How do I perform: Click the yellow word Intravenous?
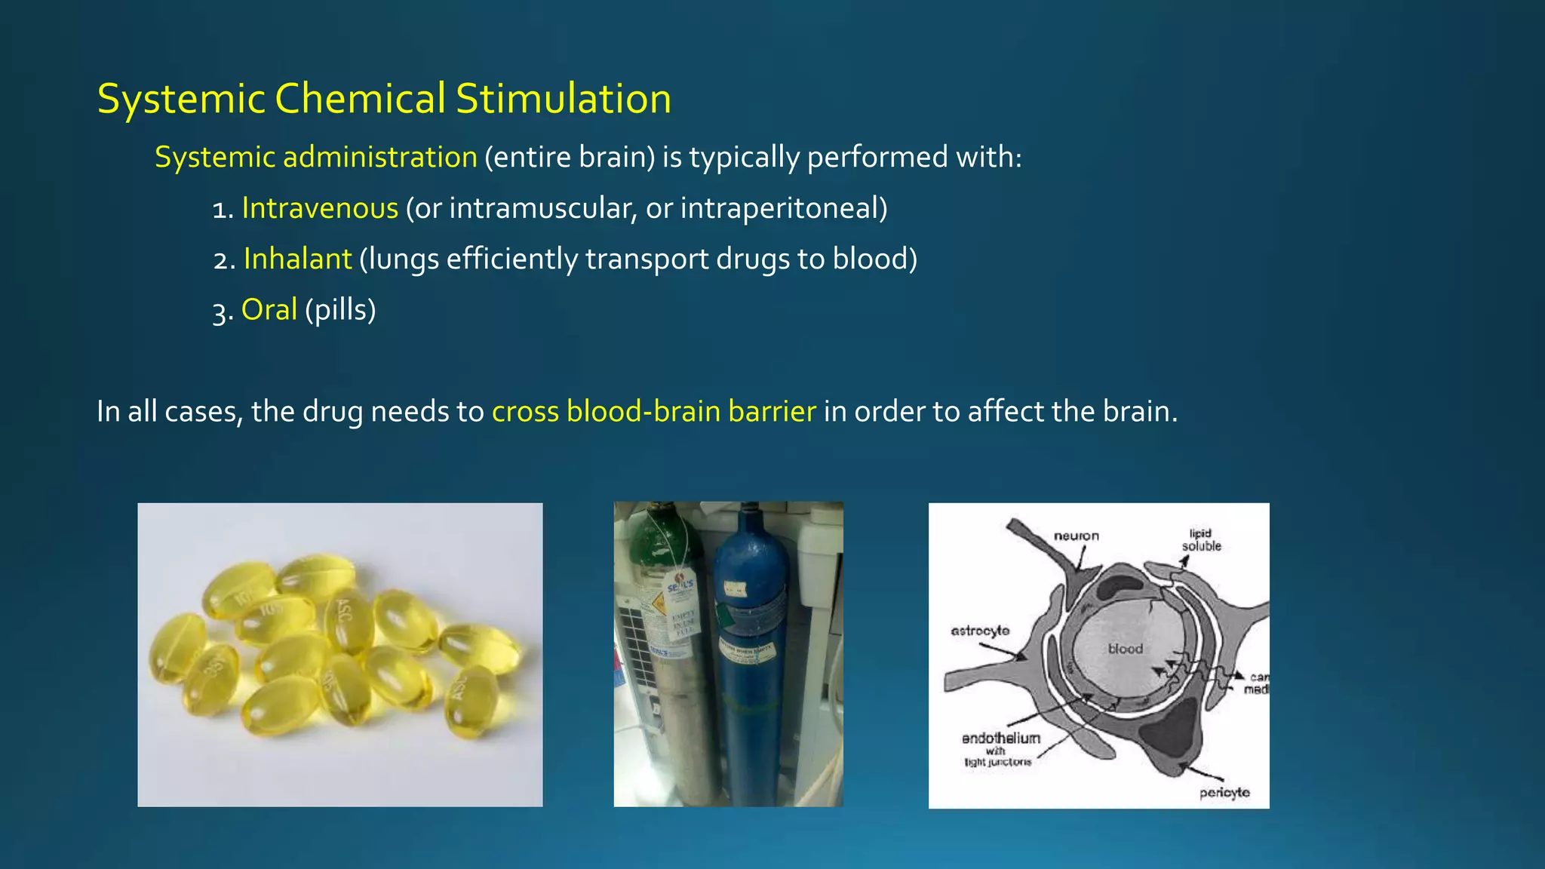coord(320,208)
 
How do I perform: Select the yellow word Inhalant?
coord(297,259)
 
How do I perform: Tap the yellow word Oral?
coord(269,310)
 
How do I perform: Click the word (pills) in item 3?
coord(340,310)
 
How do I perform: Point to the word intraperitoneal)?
coord(783,208)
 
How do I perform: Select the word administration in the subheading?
coord(379,158)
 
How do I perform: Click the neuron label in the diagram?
coord(1076,536)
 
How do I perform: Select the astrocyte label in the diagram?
coord(979,631)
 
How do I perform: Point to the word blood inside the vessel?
coord(1125,649)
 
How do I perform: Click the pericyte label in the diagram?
coord(1224,792)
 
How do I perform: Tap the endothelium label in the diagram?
coord(1000,738)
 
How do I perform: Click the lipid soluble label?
coord(1201,540)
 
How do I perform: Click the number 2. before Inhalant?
coord(224,260)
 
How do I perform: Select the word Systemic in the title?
coord(181,99)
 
